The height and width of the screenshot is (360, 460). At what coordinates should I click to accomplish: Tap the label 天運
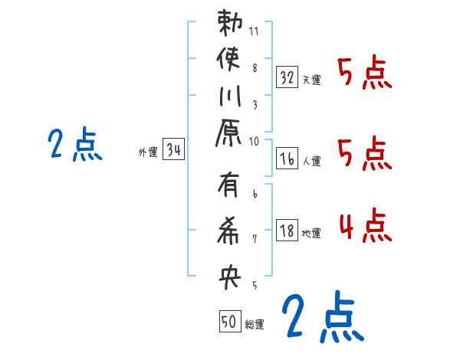coord(312,80)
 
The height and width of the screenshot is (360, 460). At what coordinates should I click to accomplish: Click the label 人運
coord(312,162)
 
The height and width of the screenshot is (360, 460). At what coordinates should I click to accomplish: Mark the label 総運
coord(255,325)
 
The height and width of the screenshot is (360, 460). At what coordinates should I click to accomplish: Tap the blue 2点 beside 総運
coord(320,316)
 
